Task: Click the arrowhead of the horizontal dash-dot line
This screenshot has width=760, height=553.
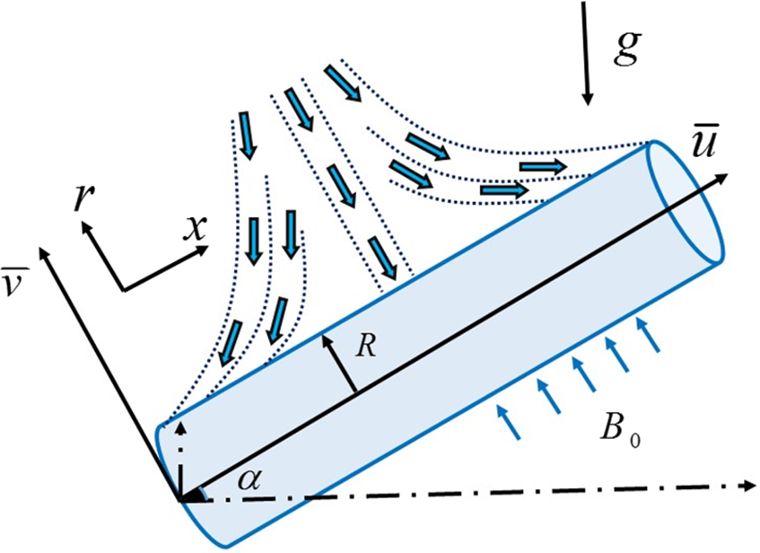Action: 747,486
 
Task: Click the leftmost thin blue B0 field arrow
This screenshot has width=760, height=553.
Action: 510,421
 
